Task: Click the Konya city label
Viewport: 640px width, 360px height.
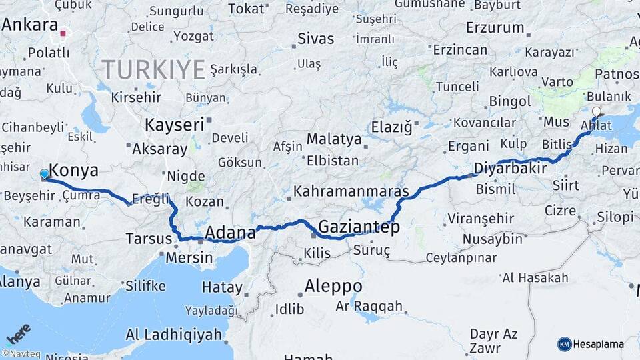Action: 74,169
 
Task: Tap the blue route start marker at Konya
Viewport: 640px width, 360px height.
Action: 45,174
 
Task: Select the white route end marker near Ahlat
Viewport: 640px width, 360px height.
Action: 596,112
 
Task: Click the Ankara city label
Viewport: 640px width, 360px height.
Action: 30,25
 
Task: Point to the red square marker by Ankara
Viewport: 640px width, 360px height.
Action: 63,33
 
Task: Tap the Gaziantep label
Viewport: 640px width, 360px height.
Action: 359,227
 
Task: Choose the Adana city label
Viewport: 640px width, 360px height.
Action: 230,233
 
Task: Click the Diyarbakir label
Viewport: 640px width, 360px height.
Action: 510,168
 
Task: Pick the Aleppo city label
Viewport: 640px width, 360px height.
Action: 333,286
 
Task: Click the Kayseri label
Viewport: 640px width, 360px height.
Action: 174,125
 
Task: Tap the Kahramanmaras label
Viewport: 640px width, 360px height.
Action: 351,191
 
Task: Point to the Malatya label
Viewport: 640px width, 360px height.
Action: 334,140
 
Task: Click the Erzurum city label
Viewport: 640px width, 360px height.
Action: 495,28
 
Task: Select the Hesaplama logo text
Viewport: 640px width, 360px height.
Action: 599,344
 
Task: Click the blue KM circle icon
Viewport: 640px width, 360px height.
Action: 564,344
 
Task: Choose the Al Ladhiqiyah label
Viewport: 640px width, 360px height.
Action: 173,334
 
